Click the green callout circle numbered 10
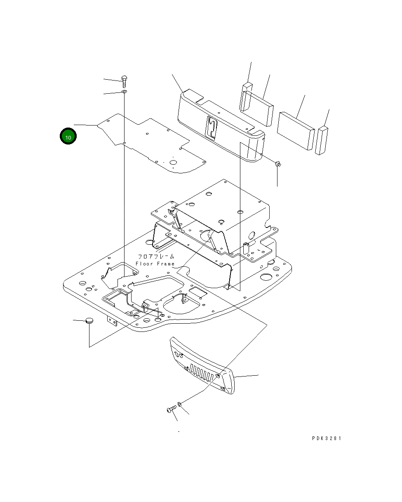pos(68,137)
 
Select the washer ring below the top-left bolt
pos(125,92)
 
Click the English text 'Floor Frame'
pos(155,264)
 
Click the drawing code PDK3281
pos(327,438)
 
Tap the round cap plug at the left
pos(89,321)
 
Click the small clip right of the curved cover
pos(278,165)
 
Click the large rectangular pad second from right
pos(296,129)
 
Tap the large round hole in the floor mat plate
pos(173,162)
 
